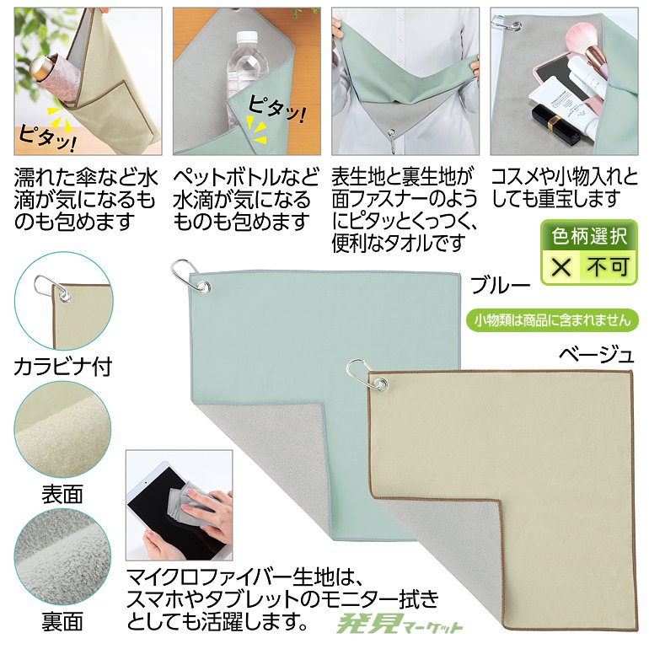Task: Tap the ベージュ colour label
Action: click(x=596, y=355)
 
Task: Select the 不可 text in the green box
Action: click(x=609, y=268)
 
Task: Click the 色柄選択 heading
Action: click(x=589, y=237)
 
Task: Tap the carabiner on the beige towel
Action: click(x=363, y=377)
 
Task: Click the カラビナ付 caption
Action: click(x=63, y=367)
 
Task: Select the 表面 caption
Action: click(x=63, y=494)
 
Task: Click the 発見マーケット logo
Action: click(x=400, y=625)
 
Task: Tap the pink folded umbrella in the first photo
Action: click(x=49, y=84)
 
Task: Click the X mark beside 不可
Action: click(x=562, y=268)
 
